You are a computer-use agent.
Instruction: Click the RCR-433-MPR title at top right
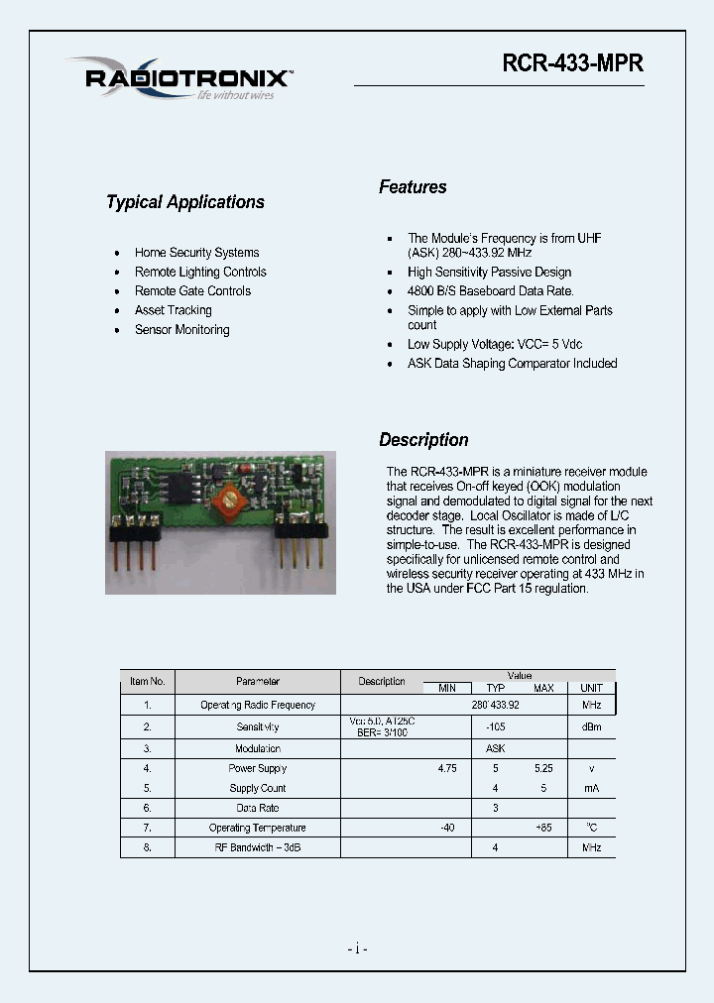(x=572, y=62)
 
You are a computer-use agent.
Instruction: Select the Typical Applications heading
(x=185, y=202)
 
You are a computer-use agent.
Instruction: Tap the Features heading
(x=413, y=187)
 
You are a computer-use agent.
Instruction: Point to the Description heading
(x=423, y=440)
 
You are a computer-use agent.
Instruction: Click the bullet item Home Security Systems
(x=196, y=253)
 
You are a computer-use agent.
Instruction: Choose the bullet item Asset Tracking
(x=173, y=310)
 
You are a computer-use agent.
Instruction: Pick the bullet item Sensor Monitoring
(x=181, y=330)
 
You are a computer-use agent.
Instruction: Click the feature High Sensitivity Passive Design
(x=489, y=272)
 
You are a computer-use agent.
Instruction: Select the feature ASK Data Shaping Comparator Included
(x=512, y=364)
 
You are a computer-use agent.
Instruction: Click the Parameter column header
(x=258, y=681)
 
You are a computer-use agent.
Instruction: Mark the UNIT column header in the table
(x=591, y=688)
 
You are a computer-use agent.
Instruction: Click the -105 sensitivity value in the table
(x=495, y=726)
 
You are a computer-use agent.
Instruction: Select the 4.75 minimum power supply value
(x=447, y=768)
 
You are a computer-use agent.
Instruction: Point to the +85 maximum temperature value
(x=543, y=828)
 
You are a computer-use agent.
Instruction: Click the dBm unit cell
(x=591, y=726)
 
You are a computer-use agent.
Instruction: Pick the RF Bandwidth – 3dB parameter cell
(x=258, y=847)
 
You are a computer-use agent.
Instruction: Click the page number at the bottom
(x=358, y=949)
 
